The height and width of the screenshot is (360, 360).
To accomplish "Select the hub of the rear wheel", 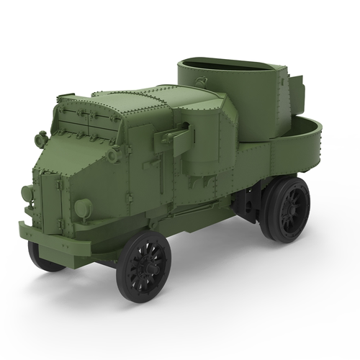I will [288, 209].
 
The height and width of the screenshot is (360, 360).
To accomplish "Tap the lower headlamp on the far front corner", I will [27, 193].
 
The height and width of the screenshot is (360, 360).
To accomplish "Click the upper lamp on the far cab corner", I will [41, 137].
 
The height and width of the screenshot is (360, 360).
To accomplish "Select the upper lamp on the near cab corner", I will [114, 153].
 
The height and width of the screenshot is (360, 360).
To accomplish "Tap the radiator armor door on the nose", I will [54, 198].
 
